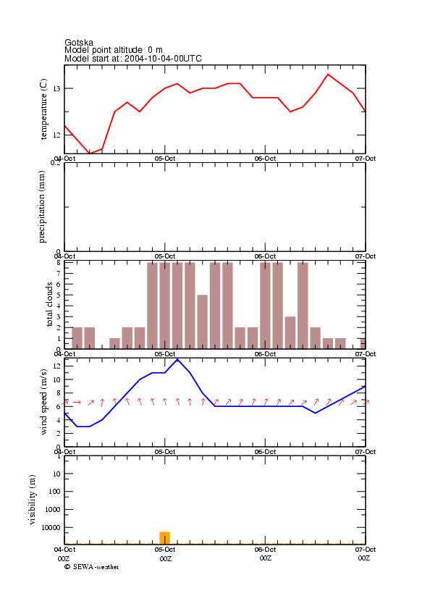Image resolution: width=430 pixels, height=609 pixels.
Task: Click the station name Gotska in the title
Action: click(79, 42)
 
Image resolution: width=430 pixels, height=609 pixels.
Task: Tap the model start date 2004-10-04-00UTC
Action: click(163, 59)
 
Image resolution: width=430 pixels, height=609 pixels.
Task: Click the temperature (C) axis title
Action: click(43, 109)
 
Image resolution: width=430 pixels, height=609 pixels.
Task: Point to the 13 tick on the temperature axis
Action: click(56, 89)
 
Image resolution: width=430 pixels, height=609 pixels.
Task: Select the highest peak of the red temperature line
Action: click(328, 74)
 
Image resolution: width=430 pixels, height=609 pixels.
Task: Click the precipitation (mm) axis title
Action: click(42, 207)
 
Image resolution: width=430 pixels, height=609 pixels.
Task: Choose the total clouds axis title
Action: click(49, 304)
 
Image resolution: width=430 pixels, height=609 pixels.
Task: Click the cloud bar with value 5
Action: click(203, 322)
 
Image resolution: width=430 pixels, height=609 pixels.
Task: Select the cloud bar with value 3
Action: click(290, 332)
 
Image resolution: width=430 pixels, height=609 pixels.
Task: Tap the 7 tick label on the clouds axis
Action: click(58, 274)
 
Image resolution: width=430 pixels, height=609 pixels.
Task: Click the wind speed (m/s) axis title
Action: click(43, 402)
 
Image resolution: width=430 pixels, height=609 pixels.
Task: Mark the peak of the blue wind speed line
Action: click(177, 360)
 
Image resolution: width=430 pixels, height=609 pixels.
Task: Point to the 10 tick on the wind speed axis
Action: click(56, 380)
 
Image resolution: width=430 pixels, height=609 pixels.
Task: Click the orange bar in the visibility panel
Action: click(165, 538)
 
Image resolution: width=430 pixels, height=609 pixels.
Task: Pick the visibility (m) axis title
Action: click(33, 500)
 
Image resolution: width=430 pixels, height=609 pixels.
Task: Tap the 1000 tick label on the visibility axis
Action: click(53, 510)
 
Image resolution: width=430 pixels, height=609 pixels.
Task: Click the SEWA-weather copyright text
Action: click(92, 567)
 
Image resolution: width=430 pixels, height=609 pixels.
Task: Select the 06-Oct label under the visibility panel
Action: click(265, 550)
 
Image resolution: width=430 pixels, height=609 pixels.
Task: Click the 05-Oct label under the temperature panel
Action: click(165, 159)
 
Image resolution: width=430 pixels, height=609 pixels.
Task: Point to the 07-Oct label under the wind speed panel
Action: click(366, 452)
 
